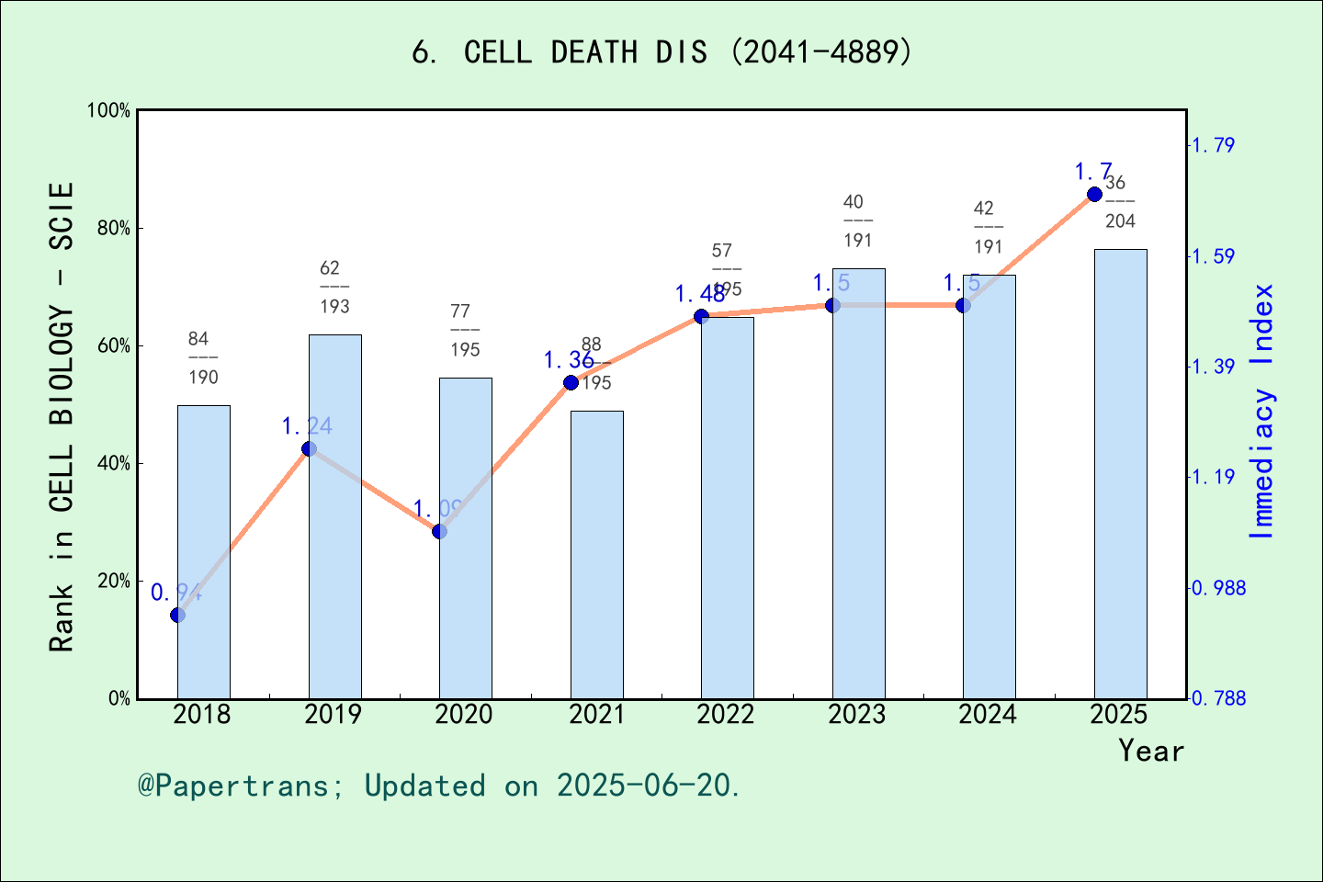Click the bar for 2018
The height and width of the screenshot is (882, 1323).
coord(203,551)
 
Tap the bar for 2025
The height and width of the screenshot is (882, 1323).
coord(1120,473)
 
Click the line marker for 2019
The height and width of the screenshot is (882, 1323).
coord(309,448)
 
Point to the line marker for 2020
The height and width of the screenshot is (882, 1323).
coord(439,531)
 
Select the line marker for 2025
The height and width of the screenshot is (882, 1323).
coord(1094,194)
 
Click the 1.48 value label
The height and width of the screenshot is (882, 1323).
coord(700,294)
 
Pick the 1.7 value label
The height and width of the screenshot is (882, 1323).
coord(1093,172)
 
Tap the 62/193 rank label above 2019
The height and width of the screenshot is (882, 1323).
coord(334,287)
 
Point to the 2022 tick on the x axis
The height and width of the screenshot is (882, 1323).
coord(726,714)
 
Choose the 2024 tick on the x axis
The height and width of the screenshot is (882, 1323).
coord(988,714)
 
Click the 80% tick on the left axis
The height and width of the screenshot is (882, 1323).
coord(113,228)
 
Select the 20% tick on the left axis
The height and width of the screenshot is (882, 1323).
coord(113,581)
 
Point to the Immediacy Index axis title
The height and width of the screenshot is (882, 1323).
coord(1262,411)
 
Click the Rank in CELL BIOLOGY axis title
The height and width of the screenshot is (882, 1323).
coord(62,416)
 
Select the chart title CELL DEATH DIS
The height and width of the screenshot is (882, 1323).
coord(661,51)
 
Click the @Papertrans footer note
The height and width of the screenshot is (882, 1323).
coord(439,786)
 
